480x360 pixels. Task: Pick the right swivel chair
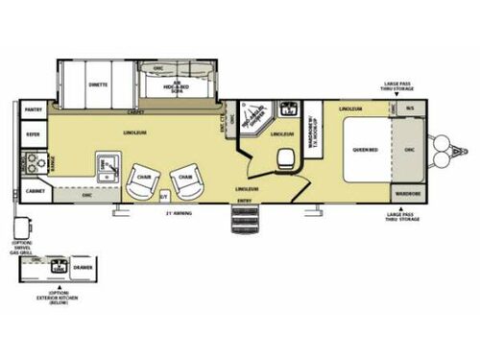(184, 180)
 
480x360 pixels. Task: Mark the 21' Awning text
(179, 213)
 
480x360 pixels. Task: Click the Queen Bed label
(363, 148)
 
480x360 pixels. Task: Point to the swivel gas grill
(20, 228)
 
